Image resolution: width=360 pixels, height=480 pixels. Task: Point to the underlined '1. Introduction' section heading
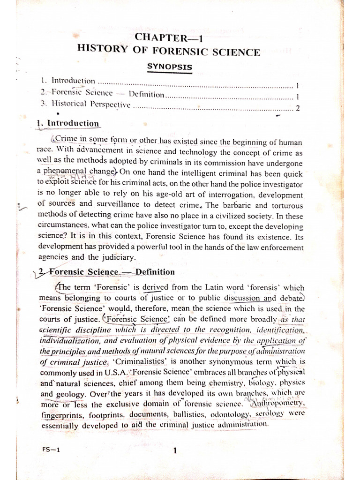click(68, 124)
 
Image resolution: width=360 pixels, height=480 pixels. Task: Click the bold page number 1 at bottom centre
click(174, 451)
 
